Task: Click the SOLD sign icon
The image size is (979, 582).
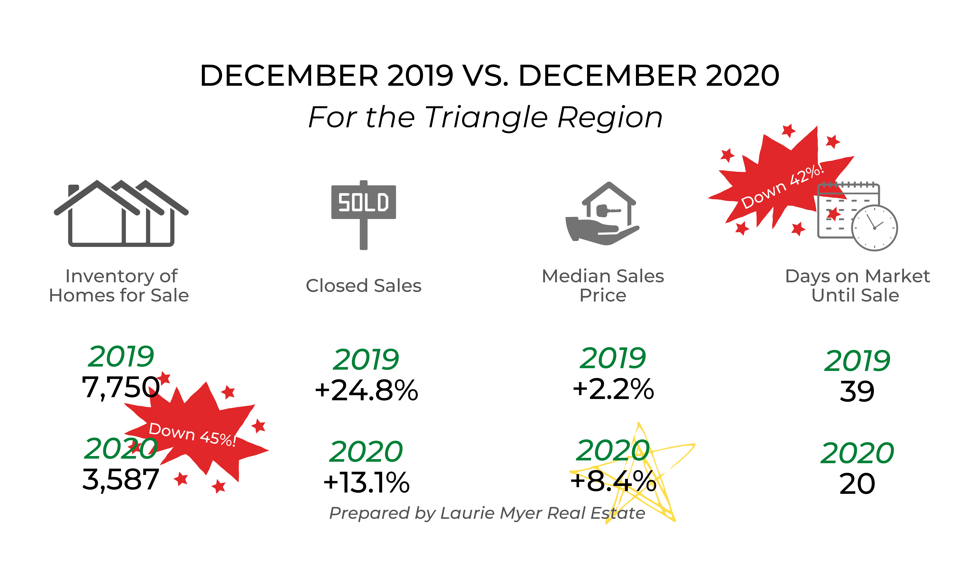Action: click(364, 215)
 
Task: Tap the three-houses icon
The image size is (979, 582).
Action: click(121, 213)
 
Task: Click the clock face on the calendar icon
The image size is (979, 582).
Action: click(874, 228)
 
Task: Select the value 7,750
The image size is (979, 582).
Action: click(121, 387)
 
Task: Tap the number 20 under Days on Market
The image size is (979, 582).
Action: click(857, 484)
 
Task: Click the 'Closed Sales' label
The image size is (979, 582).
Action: click(364, 286)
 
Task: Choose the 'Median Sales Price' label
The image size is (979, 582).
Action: click(603, 286)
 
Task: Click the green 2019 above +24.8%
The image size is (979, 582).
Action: click(366, 360)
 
